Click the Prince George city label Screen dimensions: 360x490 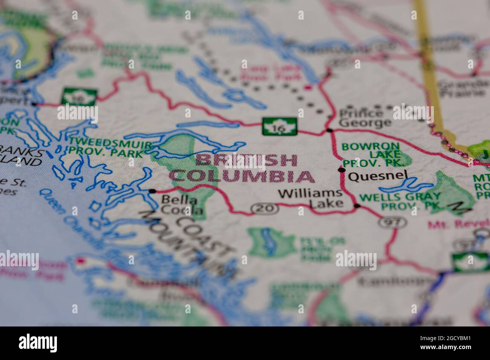(360, 118)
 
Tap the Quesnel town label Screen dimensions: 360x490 (378, 176)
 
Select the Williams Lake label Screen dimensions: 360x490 (311, 198)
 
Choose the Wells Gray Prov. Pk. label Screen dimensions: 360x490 (400, 201)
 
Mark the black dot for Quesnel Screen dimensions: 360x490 (342, 170)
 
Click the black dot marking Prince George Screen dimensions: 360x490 (329, 130)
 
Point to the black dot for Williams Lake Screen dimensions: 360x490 (357, 206)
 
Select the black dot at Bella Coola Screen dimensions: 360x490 (152, 191)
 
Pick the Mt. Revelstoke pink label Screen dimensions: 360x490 (458, 224)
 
